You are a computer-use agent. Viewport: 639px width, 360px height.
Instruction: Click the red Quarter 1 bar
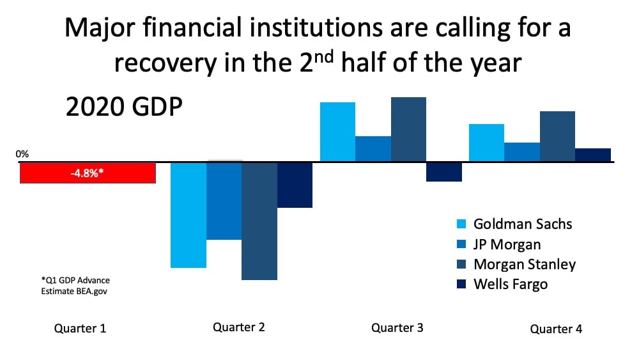tap(88, 173)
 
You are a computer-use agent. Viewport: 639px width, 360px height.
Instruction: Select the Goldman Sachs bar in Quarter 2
tap(189, 215)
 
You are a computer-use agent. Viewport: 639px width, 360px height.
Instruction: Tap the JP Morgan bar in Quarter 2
tap(224, 201)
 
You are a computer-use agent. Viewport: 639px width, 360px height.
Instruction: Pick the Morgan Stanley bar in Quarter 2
tap(259, 221)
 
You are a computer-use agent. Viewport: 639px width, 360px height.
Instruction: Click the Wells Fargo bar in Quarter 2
tap(295, 185)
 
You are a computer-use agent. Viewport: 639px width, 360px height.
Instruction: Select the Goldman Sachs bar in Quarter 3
tap(337, 132)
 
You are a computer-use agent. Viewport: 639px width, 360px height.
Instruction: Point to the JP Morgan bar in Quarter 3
tap(373, 149)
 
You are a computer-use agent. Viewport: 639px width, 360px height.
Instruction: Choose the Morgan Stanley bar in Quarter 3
tap(408, 129)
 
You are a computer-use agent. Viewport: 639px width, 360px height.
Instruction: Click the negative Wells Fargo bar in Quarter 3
tap(443, 172)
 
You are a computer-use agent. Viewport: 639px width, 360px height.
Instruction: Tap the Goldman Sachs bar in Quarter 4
tap(486, 143)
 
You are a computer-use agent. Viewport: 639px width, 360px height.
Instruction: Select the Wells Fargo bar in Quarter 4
tap(593, 155)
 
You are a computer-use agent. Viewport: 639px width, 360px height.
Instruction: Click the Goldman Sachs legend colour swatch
tap(461, 224)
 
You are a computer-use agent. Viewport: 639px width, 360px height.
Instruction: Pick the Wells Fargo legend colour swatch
tap(461, 284)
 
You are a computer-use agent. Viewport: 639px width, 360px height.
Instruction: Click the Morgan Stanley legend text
tap(524, 264)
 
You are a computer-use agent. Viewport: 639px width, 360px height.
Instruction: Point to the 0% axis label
tap(22, 154)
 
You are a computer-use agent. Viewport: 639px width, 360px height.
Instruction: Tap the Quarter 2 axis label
tap(238, 327)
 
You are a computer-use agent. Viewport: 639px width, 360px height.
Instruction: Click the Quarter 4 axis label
tap(556, 329)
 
